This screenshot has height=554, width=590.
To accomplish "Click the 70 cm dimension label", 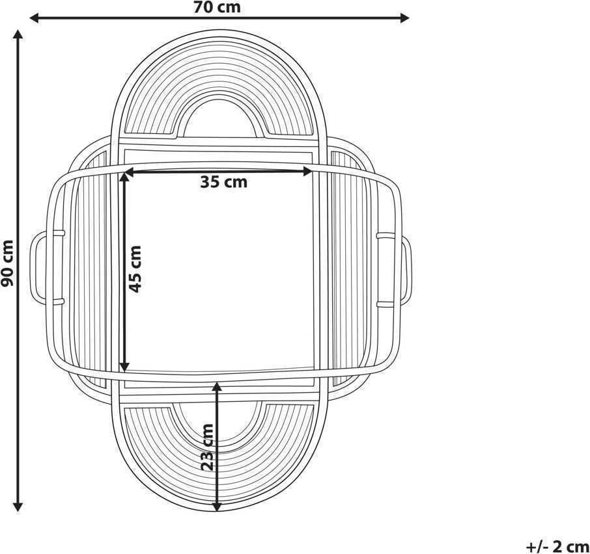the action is coord(217,7).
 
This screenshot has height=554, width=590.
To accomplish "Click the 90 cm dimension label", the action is coord(7,263).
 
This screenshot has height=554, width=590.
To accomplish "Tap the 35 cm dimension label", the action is coord(224,182).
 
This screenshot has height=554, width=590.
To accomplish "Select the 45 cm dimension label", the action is coord(135,269).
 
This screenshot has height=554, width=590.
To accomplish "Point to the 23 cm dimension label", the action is coord(207,447).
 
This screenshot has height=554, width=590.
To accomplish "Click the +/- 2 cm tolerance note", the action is coord(557,546).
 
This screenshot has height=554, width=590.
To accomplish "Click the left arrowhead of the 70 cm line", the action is coord(35,18).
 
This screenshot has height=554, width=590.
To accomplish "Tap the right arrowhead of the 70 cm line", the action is coord(404,18).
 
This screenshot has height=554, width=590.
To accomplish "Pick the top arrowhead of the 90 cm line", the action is coord(18,34).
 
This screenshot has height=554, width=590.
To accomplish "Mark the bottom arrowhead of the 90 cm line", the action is coord(18,507).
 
